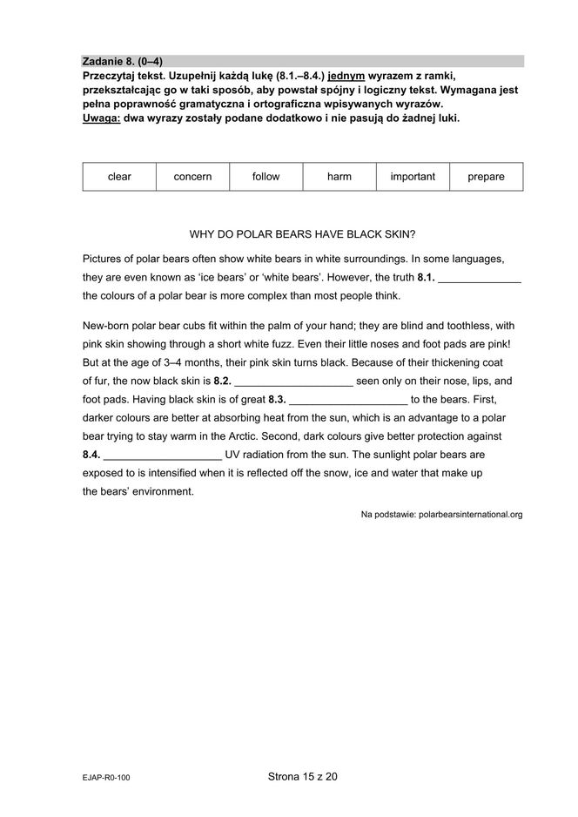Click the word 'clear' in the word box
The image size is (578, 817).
tap(119, 177)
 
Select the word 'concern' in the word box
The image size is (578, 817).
tap(192, 177)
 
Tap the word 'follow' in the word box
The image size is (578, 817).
tap(265, 177)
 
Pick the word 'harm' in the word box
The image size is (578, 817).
tap(339, 177)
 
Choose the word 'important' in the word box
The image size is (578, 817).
tap(413, 177)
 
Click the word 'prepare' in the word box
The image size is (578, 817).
tap(486, 177)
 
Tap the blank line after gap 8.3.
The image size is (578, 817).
tap(347, 402)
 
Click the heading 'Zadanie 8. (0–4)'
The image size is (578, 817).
tap(122, 62)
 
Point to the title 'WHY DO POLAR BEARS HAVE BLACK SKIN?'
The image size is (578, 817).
tap(302, 234)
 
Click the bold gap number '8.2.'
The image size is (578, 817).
tap(222, 381)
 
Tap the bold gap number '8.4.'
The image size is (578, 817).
tap(91, 455)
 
